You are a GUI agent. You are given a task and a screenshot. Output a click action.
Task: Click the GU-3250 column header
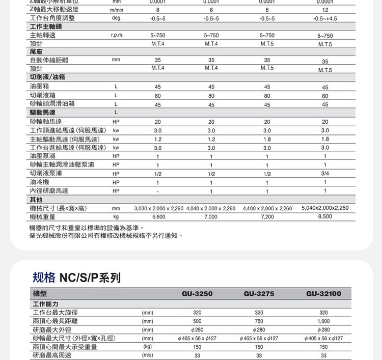click(197, 294)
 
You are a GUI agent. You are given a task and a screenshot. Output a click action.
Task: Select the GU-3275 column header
click(259, 294)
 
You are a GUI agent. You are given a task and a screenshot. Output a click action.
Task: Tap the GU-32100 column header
click(323, 294)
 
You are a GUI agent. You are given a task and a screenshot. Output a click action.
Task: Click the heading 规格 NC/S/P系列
click(76, 278)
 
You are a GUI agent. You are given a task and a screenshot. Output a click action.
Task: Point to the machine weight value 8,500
click(324, 216)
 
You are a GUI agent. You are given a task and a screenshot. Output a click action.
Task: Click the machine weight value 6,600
click(158, 217)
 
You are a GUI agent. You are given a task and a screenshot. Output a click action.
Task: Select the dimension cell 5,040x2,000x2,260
click(325, 208)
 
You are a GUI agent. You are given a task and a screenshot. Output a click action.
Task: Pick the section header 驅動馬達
click(43, 112)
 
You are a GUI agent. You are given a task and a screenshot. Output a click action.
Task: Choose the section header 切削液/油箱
click(50, 77)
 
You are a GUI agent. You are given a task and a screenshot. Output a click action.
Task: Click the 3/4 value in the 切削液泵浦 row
click(324, 173)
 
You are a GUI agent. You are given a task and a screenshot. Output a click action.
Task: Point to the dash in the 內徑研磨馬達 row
click(158, 191)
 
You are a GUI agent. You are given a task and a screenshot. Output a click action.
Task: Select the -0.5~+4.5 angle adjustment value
click(324, 19)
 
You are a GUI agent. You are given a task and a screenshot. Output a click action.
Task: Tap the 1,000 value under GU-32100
click(323, 321)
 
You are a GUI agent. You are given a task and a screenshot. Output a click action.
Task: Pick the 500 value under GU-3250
click(197, 321)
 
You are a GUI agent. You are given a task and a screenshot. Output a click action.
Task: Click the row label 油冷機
click(39, 182)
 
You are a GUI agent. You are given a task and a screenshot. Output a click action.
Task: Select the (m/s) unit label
click(148, 355)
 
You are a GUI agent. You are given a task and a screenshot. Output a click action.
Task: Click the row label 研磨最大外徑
click(52, 329)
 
